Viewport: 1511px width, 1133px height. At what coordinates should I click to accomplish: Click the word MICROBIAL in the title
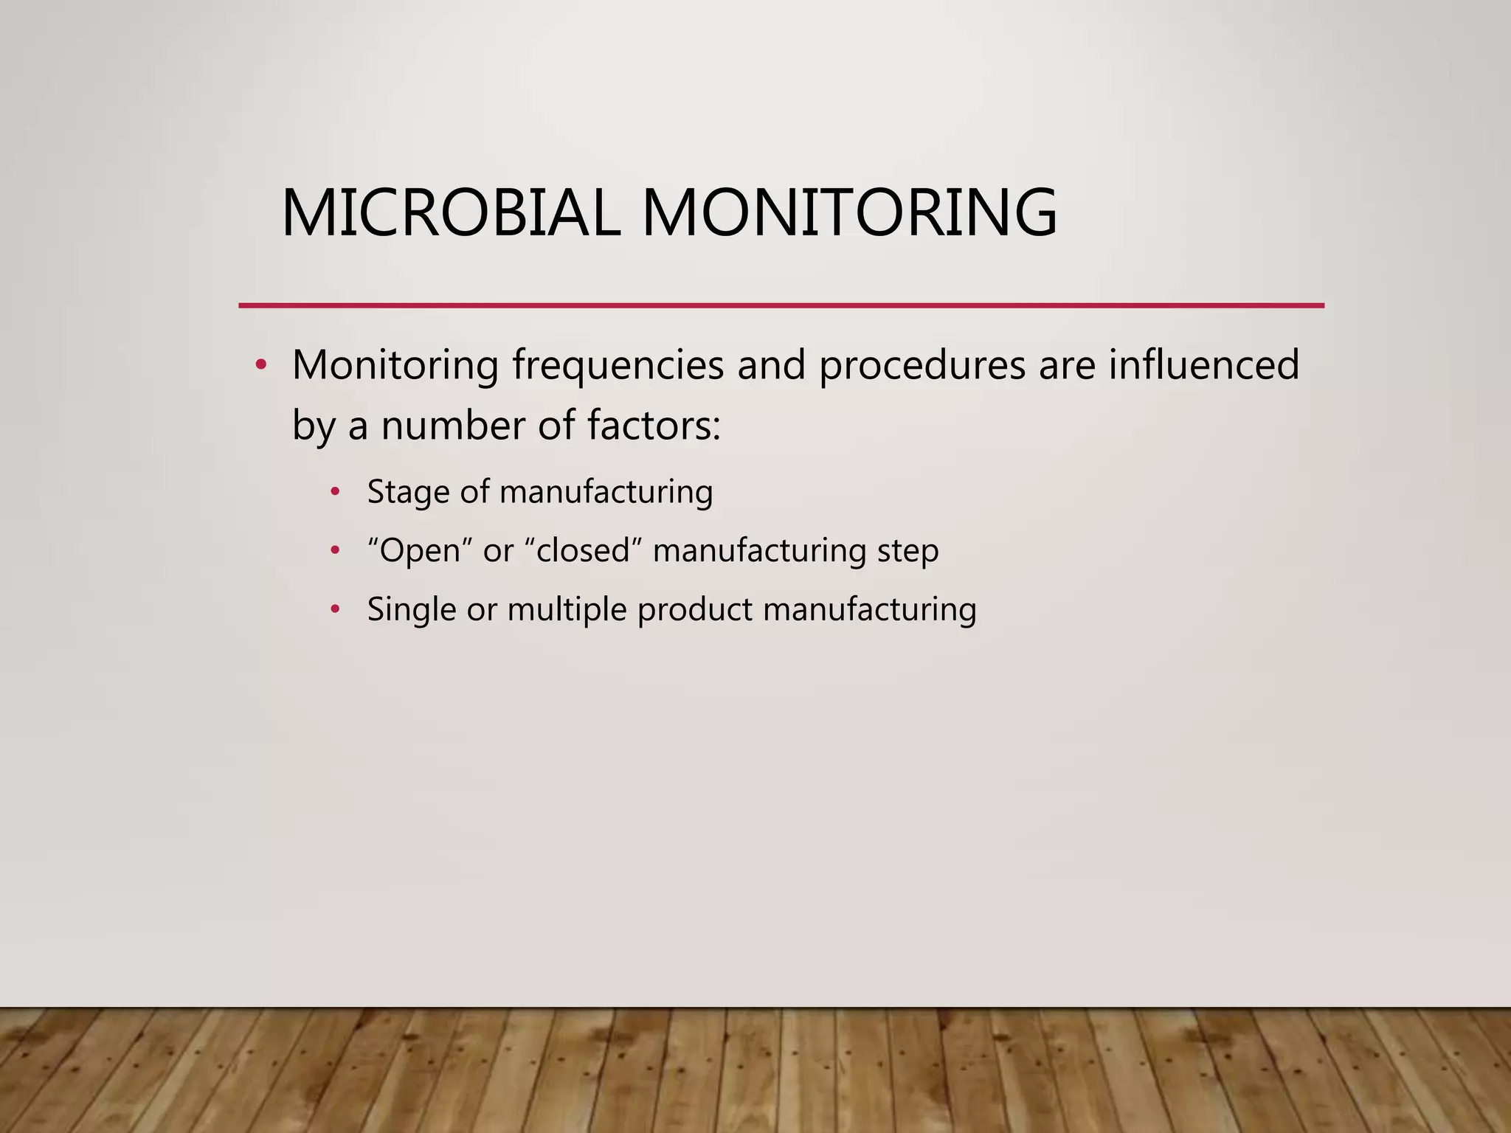pyautogui.click(x=451, y=213)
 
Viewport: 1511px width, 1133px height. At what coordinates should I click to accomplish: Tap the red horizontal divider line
pyautogui.click(x=781, y=305)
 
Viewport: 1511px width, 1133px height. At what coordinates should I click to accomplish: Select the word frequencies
pyautogui.click(x=618, y=365)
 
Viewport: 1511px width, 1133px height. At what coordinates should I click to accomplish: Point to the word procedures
pyautogui.click(x=922, y=365)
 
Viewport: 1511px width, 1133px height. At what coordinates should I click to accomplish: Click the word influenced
pyautogui.click(x=1204, y=365)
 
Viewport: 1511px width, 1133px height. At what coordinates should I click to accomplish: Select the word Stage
pyautogui.click(x=409, y=492)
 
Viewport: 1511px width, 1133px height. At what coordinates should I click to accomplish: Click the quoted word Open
pyautogui.click(x=419, y=550)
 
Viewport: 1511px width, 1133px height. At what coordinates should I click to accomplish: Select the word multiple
pyautogui.click(x=567, y=609)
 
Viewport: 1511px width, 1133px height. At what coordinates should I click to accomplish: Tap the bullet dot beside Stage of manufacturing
pyautogui.click(x=336, y=491)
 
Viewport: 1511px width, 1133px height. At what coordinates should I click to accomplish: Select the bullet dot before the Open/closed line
pyautogui.click(x=336, y=550)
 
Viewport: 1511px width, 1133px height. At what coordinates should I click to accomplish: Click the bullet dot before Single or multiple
pyautogui.click(x=336, y=609)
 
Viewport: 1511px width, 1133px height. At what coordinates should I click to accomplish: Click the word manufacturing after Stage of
pyautogui.click(x=606, y=492)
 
